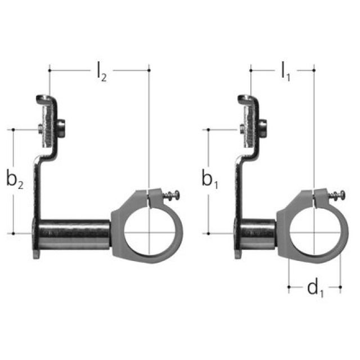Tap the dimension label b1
211,181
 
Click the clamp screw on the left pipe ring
169,196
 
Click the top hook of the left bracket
48,101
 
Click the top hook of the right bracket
247,101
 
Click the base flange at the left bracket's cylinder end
35,239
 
